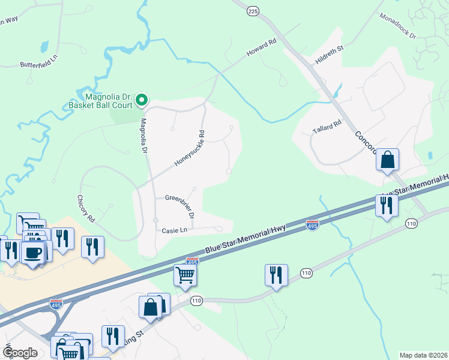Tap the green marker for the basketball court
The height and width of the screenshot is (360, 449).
pyautogui.click(x=142, y=100)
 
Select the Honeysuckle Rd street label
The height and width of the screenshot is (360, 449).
pyautogui.click(x=190, y=149)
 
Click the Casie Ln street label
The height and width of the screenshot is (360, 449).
pyautogui.click(x=174, y=230)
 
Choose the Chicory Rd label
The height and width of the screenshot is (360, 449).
pyautogui.click(x=86, y=209)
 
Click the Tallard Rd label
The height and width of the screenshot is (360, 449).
pyautogui.click(x=327, y=126)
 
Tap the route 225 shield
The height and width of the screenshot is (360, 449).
pyautogui.click(x=252, y=10)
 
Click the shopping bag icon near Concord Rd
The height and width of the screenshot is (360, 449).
pyautogui.click(x=388, y=160)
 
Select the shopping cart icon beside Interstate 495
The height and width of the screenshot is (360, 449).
pyautogui.click(x=185, y=275)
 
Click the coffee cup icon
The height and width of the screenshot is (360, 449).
pyautogui.click(x=33, y=251)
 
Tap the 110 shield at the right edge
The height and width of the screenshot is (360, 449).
pyautogui.click(x=411, y=224)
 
